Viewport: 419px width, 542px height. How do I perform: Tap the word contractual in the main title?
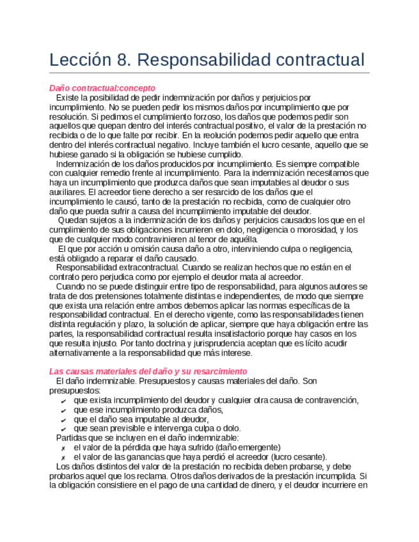tap(314, 60)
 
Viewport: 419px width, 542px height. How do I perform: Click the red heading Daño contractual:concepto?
tap(102, 88)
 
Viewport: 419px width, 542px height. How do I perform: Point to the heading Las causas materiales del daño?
tap(148, 371)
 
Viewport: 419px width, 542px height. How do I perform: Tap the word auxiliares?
tap(67, 192)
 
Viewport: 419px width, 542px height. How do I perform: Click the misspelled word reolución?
tap(225, 135)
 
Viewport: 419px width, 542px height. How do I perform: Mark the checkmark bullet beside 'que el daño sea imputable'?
tap(62, 419)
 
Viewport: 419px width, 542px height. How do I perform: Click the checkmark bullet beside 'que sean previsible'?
tap(62, 429)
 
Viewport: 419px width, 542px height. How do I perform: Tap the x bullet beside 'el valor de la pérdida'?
tap(62, 448)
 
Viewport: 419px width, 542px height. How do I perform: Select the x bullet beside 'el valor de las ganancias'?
tap(62, 458)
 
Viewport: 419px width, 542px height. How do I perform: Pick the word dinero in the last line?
tap(257, 486)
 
